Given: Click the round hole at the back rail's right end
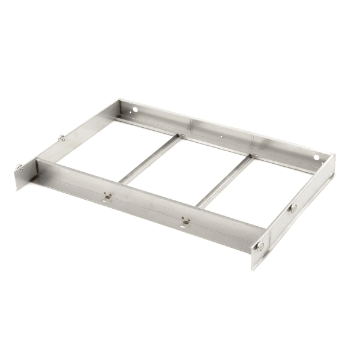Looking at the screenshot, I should pos(317,157).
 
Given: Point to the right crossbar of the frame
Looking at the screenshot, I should pos(224,181).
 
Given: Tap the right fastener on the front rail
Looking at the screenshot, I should pos(185,221).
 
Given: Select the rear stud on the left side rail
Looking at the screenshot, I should pos(62,138).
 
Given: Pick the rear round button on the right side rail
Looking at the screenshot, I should pos(293,207).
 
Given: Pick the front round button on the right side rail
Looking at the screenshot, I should pos(260,245).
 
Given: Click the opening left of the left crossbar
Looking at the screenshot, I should pos(111,147).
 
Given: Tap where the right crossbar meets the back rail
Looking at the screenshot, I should pos(251,157).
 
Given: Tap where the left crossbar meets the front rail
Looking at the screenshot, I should pos(122,181).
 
